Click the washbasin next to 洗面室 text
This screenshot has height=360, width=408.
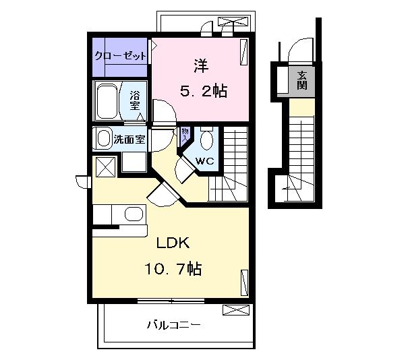click(104, 139)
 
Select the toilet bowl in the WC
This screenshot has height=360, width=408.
click(208, 141)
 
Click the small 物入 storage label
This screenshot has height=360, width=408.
click(183, 134)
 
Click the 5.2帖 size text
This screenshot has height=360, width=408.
click(202, 90)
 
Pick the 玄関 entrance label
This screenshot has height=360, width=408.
click(301, 80)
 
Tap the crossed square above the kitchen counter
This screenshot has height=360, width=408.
click(105, 167)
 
